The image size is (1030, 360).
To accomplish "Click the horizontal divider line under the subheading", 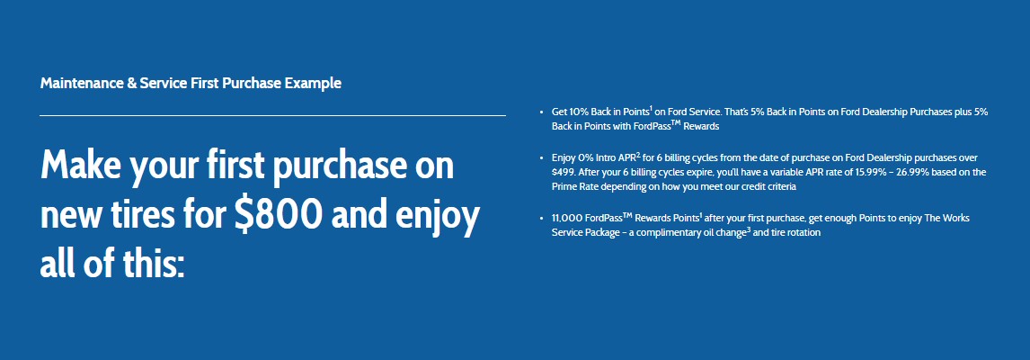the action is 272,115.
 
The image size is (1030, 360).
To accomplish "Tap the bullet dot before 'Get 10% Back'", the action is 541,113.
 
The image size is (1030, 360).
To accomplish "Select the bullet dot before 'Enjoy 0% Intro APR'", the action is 541,158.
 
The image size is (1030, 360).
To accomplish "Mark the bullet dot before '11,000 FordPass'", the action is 541,219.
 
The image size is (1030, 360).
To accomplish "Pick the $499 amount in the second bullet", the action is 563,173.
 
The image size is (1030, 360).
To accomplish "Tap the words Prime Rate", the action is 574,187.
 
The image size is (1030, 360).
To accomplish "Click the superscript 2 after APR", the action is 638,156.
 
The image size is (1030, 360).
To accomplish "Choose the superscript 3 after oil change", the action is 748,229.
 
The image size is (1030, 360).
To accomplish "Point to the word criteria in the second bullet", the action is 775,187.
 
